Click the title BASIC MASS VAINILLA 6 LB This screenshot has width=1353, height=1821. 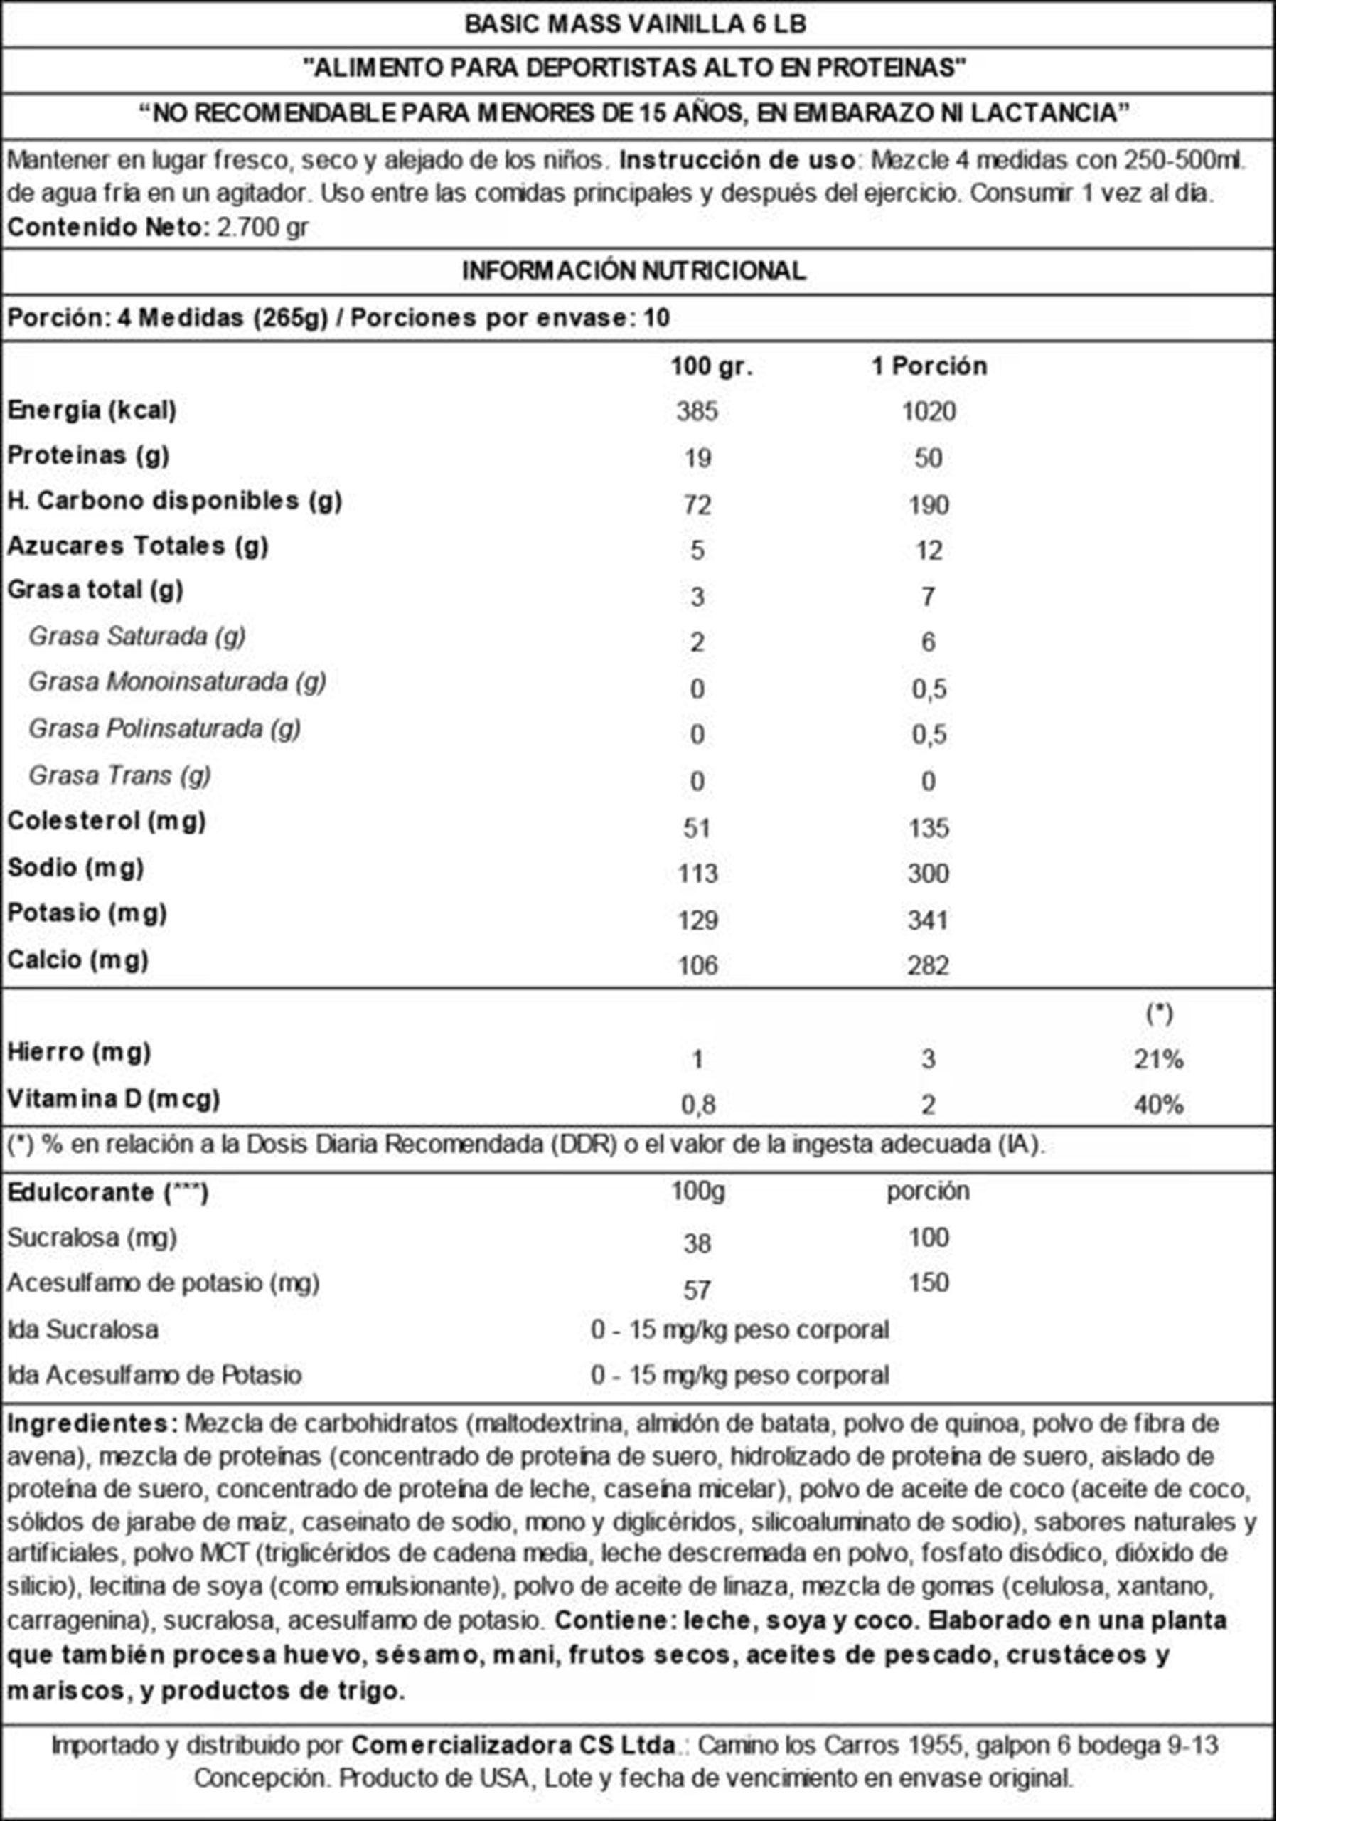pyautogui.click(x=635, y=23)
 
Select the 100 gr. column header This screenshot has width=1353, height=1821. pyautogui.click(x=711, y=366)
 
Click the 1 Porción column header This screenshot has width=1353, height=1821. pyautogui.click(x=928, y=366)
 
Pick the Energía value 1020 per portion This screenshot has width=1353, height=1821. pyautogui.click(x=928, y=411)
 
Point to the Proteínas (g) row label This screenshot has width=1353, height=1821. pyautogui.click(x=88, y=455)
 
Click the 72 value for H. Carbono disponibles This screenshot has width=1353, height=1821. pyautogui.click(x=697, y=504)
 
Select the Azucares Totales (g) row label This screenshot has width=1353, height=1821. pyautogui.click(x=138, y=546)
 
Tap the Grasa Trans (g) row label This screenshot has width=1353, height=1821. pyautogui.click(x=119, y=775)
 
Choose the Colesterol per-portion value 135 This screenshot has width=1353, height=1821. pyautogui.click(x=928, y=827)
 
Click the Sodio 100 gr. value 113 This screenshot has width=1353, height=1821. pyautogui.click(x=697, y=874)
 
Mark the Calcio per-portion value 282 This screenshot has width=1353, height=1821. pyautogui.click(x=928, y=965)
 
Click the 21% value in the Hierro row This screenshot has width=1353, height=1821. pyautogui.click(x=1158, y=1059)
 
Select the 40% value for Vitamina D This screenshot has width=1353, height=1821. pyautogui.click(x=1158, y=1105)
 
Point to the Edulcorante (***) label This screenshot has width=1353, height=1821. pyautogui.click(x=107, y=1192)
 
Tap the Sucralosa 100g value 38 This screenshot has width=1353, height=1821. pyautogui.click(x=697, y=1243)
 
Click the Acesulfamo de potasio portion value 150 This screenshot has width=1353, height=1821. pyautogui.click(x=928, y=1282)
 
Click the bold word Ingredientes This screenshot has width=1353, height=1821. pyautogui.click(x=92, y=1423)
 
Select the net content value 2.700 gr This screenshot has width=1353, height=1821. pyautogui.click(x=262, y=227)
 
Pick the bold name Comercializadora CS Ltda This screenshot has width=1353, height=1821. pyautogui.click(x=514, y=1745)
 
